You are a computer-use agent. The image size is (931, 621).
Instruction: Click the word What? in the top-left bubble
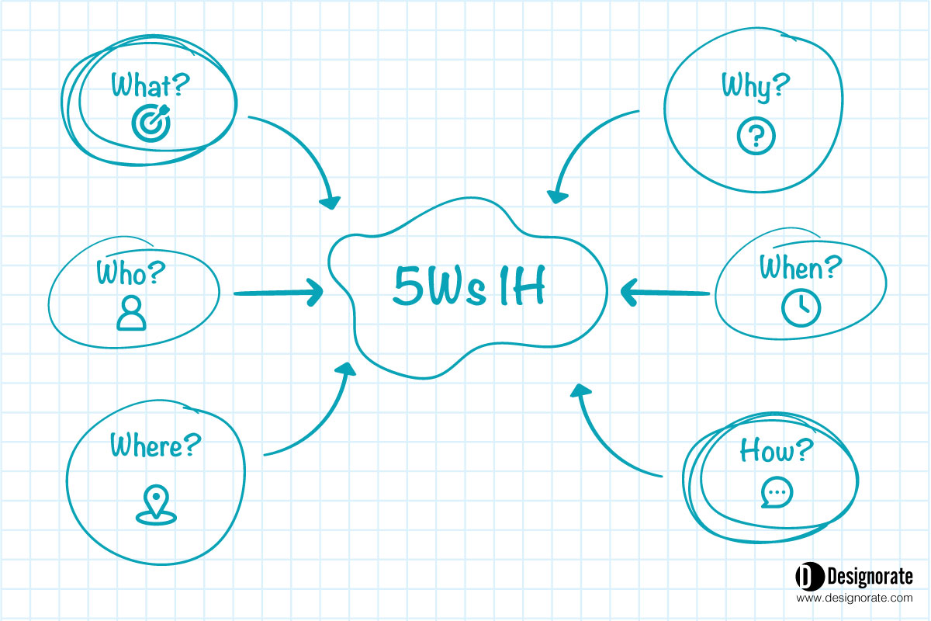click(x=150, y=85)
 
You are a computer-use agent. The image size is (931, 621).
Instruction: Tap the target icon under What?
click(x=151, y=123)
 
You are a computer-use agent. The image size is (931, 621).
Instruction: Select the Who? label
click(x=130, y=272)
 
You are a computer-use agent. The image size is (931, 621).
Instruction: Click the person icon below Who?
click(x=131, y=313)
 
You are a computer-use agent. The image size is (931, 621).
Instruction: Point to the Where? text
click(x=155, y=445)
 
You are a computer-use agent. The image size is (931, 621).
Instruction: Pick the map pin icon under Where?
click(x=156, y=505)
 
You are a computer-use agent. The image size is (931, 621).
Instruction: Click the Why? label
click(x=756, y=86)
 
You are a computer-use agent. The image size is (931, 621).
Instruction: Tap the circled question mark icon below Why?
click(x=756, y=136)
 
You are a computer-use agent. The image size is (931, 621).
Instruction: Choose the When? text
click(x=801, y=267)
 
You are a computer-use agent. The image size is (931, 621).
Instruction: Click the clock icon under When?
click(x=801, y=308)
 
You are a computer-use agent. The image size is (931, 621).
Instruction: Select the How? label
click(x=776, y=450)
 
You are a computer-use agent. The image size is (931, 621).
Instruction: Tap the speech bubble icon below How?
click(x=777, y=492)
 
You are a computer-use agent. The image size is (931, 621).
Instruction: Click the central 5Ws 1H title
click(x=469, y=286)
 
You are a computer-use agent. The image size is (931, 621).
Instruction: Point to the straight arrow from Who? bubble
click(x=279, y=293)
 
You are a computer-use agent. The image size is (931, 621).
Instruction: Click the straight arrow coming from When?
click(x=665, y=293)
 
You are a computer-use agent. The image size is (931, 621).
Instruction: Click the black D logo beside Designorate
click(x=808, y=576)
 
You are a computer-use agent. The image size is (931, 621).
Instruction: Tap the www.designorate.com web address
click(x=854, y=598)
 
